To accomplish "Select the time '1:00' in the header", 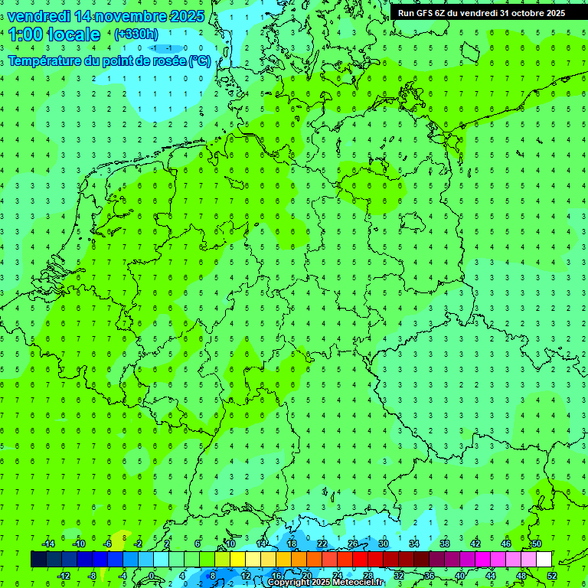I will (x=25, y=34).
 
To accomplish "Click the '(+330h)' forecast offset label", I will (x=136, y=34).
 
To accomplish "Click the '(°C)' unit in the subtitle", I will (x=199, y=60).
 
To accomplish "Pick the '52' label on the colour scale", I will (x=552, y=575).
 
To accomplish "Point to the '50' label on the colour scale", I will (x=536, y=544).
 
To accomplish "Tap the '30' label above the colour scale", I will (x=383, y=544).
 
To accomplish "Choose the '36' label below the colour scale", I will (x=429, y=575).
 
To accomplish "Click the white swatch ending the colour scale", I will (x=544, y=560).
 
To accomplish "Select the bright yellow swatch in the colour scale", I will (x=237, y=560).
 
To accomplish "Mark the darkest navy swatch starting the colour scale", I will (x=38, y=560).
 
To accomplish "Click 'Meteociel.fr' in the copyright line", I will (x=358, y=583).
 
